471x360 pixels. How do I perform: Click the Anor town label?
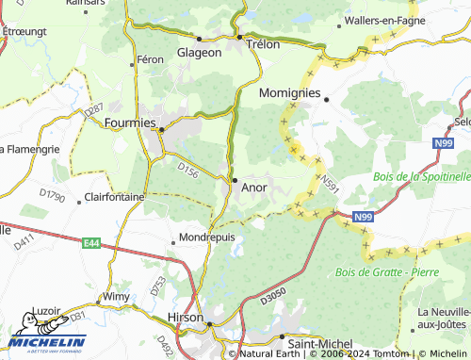tap(254, 188)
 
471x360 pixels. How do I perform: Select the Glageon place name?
tap(200, 53)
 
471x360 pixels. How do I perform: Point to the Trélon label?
tap(264, 43)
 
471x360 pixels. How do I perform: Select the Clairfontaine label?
tap(114, 197)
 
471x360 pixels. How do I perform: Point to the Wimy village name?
tap(116, 296)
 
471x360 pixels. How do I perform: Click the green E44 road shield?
tap(91, 243)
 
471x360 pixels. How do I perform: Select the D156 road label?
tap(188, 172)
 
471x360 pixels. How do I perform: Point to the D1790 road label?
tap(52, 197)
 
